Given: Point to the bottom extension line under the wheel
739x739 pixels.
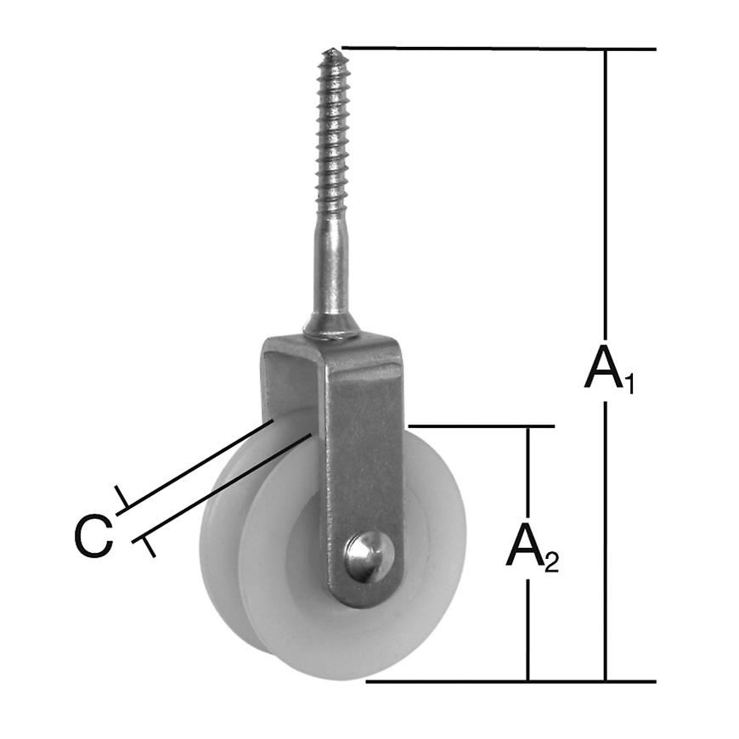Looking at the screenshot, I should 510,680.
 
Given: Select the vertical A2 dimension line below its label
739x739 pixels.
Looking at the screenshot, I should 528,629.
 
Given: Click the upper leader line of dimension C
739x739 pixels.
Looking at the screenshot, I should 195,464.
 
